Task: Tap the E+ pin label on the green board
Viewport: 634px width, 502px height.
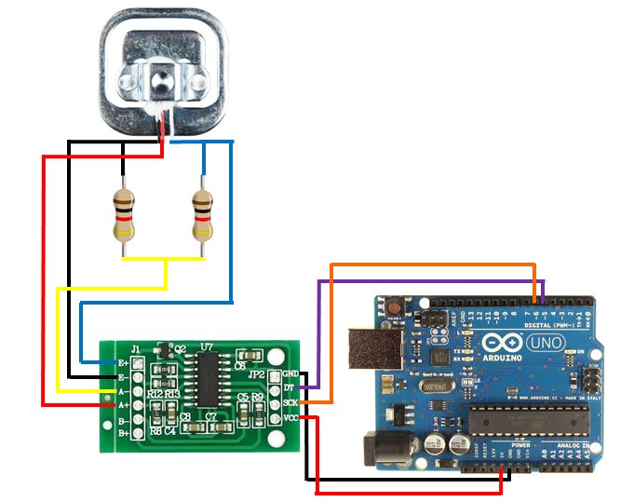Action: coord(121,362)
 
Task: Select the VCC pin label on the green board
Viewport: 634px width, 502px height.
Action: coord(290,418)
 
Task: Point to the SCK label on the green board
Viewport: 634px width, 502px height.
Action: coord(290,402)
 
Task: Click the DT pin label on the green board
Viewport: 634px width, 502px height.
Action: coord(289,387)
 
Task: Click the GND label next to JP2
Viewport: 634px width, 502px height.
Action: coord(290,373)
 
